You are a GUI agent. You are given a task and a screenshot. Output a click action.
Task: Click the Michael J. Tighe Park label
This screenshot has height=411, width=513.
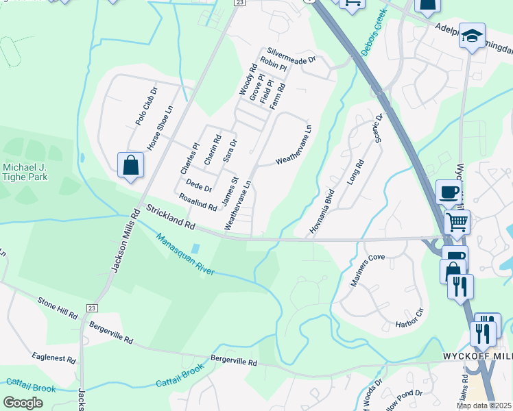[25, 172]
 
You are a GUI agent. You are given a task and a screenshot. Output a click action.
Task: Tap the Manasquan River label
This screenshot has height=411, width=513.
[184, 255]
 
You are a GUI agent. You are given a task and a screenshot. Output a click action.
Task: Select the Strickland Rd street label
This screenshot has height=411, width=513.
[170, 216]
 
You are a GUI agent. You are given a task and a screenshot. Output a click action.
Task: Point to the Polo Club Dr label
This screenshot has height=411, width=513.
[146, 105]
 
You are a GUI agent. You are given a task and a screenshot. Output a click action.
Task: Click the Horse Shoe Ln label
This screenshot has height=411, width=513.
[160, 128]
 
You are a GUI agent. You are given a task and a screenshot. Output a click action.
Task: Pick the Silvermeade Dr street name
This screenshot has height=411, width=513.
[291, 55]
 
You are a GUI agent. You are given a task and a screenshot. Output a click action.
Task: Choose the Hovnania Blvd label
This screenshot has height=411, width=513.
[322, 212]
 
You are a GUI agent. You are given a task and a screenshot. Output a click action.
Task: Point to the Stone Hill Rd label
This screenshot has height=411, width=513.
[58, 307]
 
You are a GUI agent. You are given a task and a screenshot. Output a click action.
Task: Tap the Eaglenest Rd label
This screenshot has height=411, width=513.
[53, 358]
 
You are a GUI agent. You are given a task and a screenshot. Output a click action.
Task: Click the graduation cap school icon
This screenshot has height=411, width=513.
[472, 36]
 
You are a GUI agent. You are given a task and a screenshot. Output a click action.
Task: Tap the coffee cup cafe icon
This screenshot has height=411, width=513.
[449, 192]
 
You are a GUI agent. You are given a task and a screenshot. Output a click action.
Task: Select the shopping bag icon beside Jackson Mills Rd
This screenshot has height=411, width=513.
[130, 166]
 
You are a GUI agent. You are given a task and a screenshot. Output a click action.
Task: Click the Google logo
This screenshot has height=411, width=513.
[23, 403]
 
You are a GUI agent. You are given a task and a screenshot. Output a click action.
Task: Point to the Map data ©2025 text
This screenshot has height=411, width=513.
[484, 406]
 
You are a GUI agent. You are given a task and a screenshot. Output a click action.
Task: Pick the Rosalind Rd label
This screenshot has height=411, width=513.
[198, 201]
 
